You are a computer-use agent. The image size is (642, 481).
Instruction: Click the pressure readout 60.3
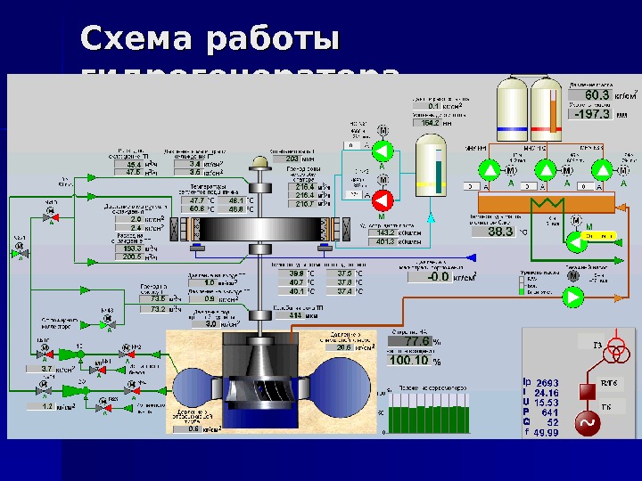pos(595,95)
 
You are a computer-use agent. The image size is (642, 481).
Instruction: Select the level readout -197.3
pos(591,114)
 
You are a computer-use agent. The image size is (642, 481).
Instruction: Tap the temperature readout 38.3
pos(500,232)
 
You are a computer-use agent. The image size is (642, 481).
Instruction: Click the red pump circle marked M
pos(382,198)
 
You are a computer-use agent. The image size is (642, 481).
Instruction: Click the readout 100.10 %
pos(409,361)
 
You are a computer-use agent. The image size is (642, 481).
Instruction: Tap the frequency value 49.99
pos(545,432)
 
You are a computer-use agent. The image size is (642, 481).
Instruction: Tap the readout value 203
pos(293,159)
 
